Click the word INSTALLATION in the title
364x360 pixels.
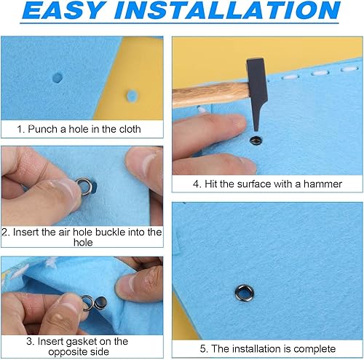pyautogui.click(x=227, y=10)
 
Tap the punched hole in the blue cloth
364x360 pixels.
pyautogui.click(x=58, y=78)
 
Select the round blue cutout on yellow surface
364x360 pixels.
pyautogui.click(x=132, y=95)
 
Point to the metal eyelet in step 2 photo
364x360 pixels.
pyautogui.click(x=84, y=187)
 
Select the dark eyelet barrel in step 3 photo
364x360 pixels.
pyautogui.click(x=100, y=303)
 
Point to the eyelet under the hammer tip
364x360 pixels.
pyautogui.click(x=256, y=140)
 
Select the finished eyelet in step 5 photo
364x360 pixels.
pyautogui.click(x=245, y=292)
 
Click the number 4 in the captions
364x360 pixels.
pyautogui.click(x=196, y=184)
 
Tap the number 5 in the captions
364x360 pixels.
pyautogui.click(x=203, y=349)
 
